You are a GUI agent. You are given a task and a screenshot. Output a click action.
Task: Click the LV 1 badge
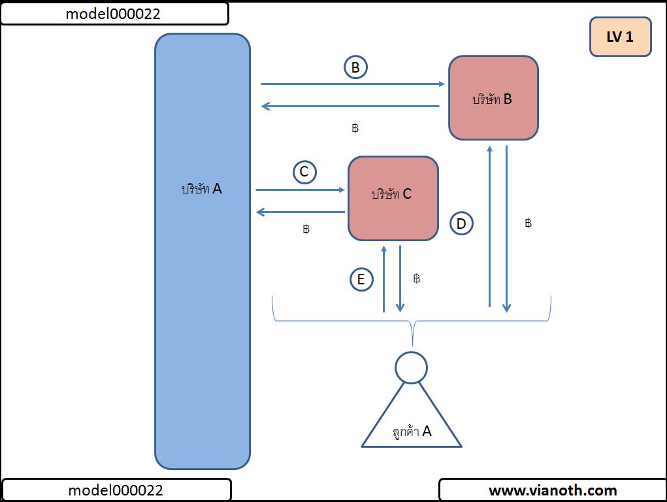click(x=620, y=37)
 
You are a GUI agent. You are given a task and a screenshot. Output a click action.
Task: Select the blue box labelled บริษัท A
click(x=203, y=251)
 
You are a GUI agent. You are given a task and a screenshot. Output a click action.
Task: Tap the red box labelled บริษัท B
click(x=493, y=98)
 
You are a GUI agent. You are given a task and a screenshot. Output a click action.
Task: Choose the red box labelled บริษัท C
click(x=393, y=198)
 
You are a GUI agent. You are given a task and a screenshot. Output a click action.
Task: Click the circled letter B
click(x=355, y=67)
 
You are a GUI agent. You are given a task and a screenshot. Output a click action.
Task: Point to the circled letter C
click(x=304, y=172)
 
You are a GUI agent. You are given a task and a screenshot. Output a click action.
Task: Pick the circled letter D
click(x=461, y=224)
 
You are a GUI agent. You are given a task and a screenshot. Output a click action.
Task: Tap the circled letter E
click(x=360, y=280)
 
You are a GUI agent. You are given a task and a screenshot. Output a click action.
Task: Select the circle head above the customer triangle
click(x=412, y=367)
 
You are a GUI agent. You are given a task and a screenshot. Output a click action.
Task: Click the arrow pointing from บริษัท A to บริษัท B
click(x=353, y=84)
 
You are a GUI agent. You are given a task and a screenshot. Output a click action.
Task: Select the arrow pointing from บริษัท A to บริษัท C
click(x=301, y=190)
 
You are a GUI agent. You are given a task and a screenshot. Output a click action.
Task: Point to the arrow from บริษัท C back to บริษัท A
click(x=301, y=212)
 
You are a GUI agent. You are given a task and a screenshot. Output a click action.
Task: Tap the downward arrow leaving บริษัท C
click(x=400, y=278)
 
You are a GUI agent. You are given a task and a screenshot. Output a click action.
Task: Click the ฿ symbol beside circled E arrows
click(x=417, y=278)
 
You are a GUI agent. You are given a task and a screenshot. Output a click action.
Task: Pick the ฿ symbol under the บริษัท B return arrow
click(x=355, y=128)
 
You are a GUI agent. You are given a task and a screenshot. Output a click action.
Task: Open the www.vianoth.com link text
click(x=553, y=490)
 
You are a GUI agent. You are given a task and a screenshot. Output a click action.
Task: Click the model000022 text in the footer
click(x=116, y=490)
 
